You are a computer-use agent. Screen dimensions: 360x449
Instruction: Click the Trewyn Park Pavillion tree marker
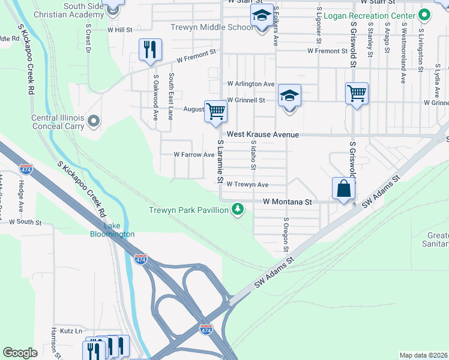coord(239,209)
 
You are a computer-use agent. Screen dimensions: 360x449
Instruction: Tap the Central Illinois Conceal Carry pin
coord(93,122)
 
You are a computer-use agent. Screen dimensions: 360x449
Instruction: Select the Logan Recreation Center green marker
coord(424,14)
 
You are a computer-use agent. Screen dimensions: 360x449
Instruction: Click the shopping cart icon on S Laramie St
coord(215,110)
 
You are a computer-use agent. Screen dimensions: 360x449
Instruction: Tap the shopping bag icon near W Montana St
coord(343,188)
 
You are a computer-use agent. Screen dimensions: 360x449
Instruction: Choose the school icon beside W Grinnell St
coord(289,96)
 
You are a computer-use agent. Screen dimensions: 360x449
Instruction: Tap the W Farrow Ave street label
coord(194,155)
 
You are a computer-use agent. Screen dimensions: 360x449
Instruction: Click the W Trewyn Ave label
coord(247,185)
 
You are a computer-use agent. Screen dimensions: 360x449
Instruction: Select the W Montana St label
coord(288,203)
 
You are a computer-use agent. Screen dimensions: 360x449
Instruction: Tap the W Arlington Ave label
coord(250,84)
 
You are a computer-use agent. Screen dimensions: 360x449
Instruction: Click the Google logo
coord(20,352)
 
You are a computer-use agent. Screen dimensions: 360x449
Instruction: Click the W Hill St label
coord(119,29)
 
